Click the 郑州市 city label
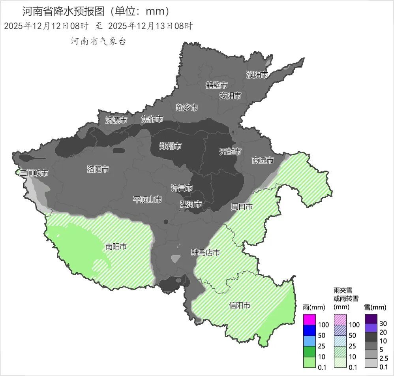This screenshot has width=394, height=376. click(170, 146)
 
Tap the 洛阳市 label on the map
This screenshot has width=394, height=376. click(98, 169)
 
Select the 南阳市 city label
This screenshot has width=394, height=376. click(116, 246)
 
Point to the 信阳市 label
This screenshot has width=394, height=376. click(240, 305)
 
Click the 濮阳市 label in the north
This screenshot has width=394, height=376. click(257, 75)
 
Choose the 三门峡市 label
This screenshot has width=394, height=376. click(34, 173)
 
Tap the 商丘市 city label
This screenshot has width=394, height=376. click(263, 160)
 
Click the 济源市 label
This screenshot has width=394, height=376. click(116, 120)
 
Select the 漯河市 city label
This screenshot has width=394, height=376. click(191, 204)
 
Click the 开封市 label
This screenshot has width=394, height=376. click(230, 152)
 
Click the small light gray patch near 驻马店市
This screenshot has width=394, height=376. click(176, 259)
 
